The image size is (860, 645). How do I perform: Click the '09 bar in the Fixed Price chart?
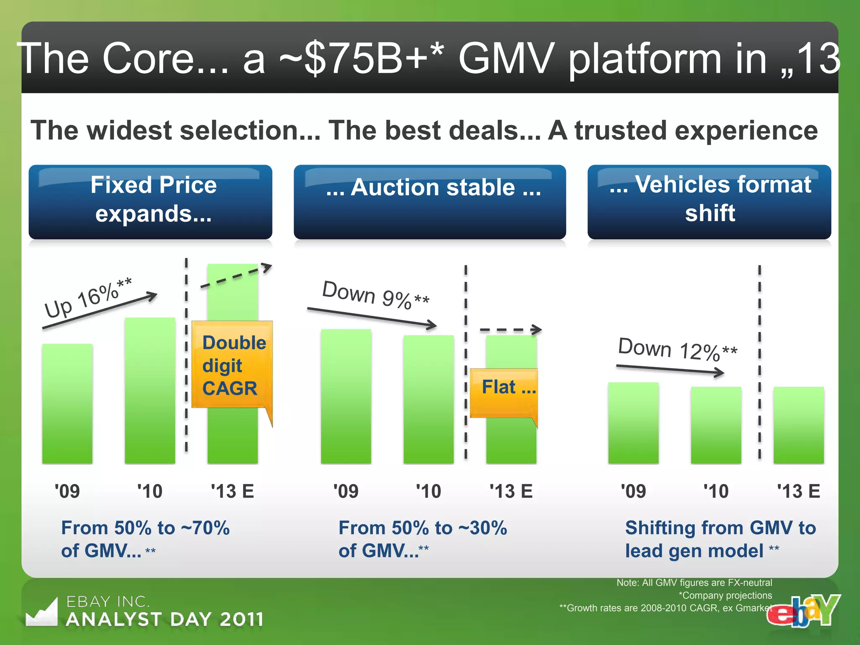click(67, 403)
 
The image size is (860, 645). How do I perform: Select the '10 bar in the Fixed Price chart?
click(150, 391)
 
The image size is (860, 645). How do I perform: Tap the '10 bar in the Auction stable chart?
click(428, 399)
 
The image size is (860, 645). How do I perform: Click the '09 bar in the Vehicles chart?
click(633, 422)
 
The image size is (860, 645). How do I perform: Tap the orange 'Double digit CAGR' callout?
click(232, 364)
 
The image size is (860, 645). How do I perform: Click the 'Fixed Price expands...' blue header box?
click(150, 202)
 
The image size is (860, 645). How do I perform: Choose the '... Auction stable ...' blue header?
click(430, 202)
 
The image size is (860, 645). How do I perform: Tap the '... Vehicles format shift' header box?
click(709, 202)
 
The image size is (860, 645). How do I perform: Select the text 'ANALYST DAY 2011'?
click(165, 619)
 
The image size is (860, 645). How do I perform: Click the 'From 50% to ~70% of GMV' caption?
click(145, 539)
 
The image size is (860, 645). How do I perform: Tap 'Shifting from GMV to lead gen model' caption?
click(720, 539)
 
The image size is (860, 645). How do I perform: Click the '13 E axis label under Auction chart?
click(511, 491)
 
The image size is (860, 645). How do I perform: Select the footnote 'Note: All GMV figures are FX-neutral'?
click(694, 582)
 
